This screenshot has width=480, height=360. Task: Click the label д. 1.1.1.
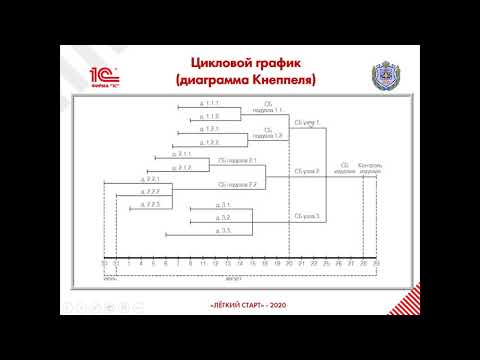pos(209,103)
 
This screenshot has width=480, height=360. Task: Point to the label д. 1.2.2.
pos(209,141)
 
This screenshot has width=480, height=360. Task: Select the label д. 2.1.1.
pos(181,154)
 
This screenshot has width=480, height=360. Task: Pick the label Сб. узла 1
pos(313,122)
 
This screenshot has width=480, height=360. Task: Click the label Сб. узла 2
pos(306,171)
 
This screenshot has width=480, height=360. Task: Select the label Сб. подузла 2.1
pos(237,159)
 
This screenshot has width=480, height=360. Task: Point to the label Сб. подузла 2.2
pos(237,184)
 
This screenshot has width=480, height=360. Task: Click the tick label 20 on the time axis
pos(289,262)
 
